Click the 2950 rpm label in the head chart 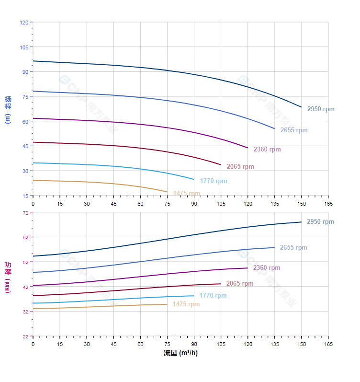tap(321, 109)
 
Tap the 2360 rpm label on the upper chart tap(267, 150)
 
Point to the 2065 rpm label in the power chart tap(240, 284)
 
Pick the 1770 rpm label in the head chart tap(214, 181)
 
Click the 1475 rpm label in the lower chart tap(186, 304)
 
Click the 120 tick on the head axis tap(24, 23)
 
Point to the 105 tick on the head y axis tap(24, 47)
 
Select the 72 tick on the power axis tap(25, 212)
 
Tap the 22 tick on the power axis tap(25, 336)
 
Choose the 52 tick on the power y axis tap(25, 262)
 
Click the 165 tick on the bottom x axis tap(328, 345)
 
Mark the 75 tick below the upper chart tap(167, 204)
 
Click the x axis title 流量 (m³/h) tap(180, 353)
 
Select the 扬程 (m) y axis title tap(8, 109)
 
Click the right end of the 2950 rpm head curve tap(302, 107)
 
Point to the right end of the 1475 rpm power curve tap(167, 304)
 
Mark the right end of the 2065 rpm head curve tap(221, 165)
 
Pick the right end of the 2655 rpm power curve tap(274, 247)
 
